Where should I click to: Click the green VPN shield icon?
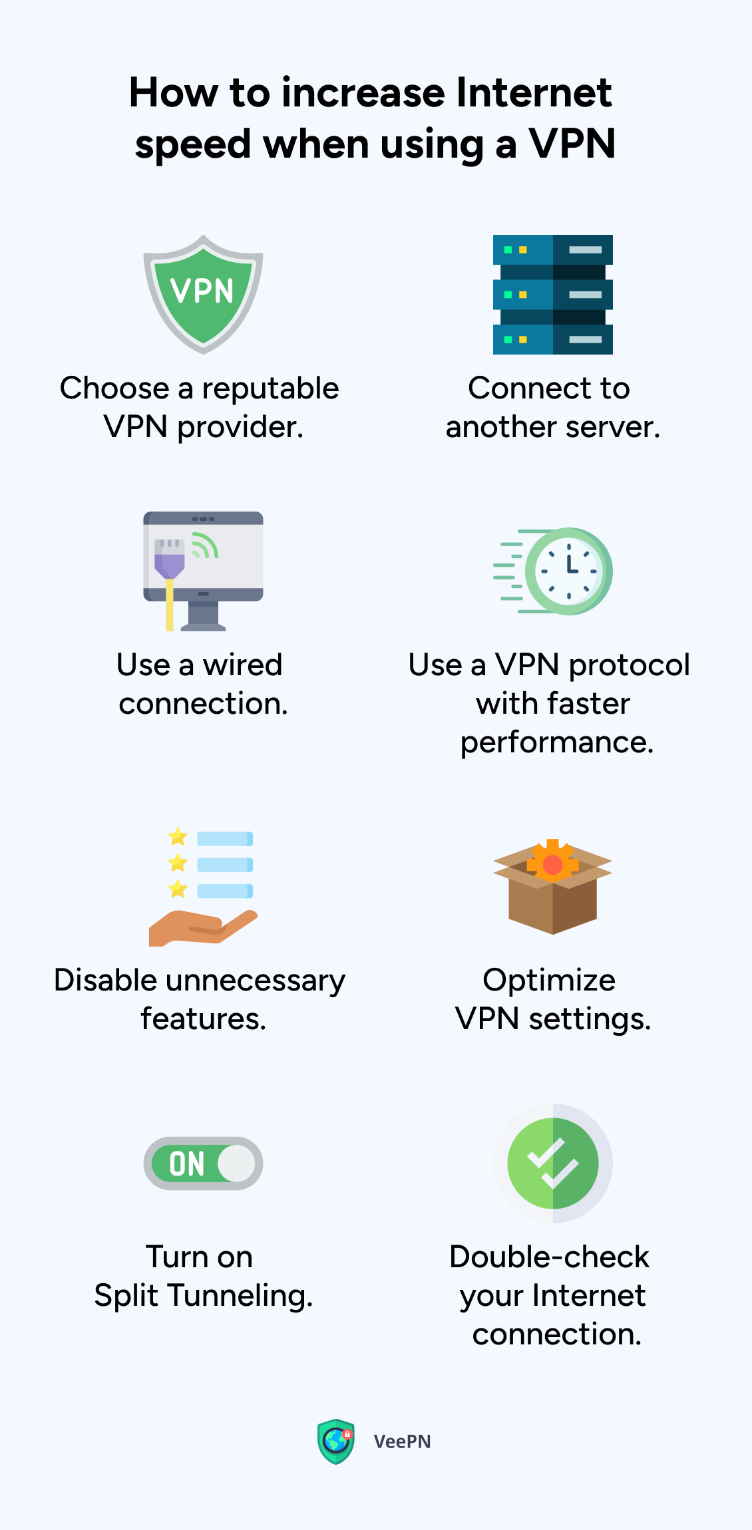click(x=203, y=294)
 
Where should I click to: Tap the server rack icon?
click(x=552, y=294)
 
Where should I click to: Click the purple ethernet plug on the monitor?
click(x=169, y=559)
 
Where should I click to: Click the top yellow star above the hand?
click(x=178, y=836)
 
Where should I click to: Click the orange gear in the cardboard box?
click(x=552, y=862)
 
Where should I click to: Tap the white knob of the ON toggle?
click(x=236, y=1163)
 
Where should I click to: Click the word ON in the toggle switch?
click(x=186, y=1164)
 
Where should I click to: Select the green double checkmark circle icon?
click(x=552, y=1163)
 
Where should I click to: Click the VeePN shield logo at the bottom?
click(x=336, y=1442)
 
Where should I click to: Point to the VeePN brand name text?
click(x=402, y=1442)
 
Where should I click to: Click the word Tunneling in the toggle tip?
click(x=240, y=1296)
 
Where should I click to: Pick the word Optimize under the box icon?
click(x=549, y=981)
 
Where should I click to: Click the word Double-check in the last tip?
click(x=549, y=1257)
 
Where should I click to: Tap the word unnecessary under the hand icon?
click(x=256, y=981)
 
